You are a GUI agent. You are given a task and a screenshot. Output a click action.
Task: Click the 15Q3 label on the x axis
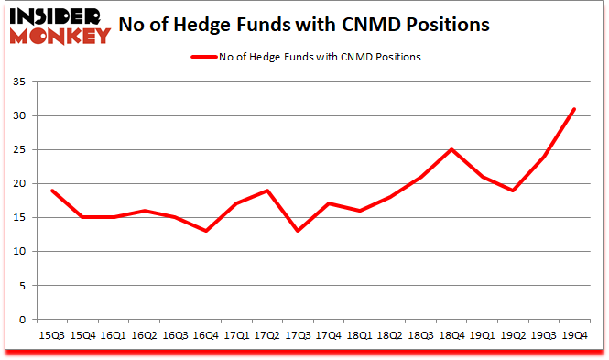tap(53, 336)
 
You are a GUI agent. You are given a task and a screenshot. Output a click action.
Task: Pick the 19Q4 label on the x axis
tap(573, 336)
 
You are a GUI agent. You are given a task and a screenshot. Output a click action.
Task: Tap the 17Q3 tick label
tap(298, 336)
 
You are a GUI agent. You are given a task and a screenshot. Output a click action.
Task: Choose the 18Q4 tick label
tap(451, 336)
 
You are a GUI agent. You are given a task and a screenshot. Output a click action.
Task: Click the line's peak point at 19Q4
tap(573, 109)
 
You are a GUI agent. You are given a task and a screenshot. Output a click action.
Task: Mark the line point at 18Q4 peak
tap(451, 149)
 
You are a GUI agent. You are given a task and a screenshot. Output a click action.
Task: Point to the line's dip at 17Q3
tap(298, 231)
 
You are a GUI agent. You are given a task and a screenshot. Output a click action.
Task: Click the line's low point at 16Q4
tap(206, 231)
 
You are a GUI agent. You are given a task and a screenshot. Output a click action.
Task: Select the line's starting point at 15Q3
tap(53, 191)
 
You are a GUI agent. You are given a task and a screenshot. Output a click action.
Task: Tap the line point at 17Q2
tap(267, 191)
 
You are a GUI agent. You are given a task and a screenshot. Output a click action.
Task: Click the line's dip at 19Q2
tap(512, 191)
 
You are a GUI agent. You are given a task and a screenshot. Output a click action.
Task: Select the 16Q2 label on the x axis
tap(145, 336)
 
